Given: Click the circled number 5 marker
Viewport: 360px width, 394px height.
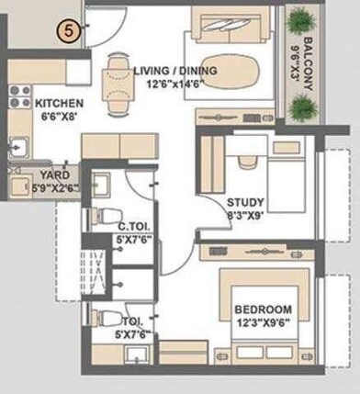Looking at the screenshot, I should tap(68, 29).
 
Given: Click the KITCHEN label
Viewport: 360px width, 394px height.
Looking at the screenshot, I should tap(60, 105).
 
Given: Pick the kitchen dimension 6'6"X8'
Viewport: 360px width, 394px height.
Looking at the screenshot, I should tap(59, 118).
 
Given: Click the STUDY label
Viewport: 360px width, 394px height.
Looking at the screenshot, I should tap(246, 202).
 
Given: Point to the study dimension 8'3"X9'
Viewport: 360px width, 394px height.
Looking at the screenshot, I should tap(245, 216).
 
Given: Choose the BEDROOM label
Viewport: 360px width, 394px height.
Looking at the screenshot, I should tap(262, 310).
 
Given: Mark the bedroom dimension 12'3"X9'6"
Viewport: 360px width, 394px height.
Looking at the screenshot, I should tap(262, 323).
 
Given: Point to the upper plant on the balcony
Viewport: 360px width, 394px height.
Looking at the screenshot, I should tap(299, 19).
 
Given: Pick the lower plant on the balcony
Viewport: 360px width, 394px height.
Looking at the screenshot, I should tap(299, 107).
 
